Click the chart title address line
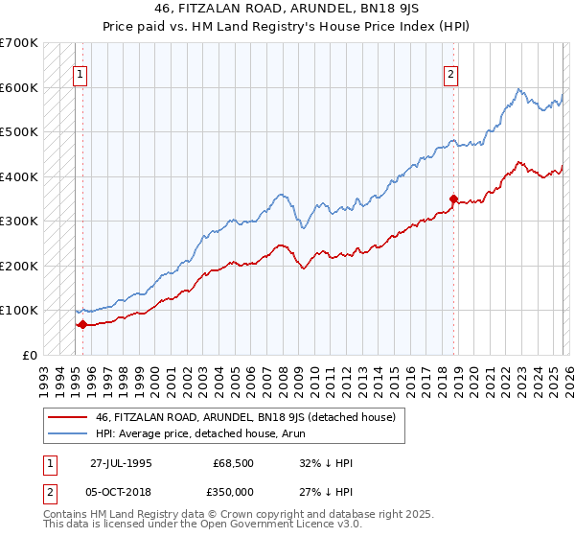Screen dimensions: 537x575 [x=287, y=10]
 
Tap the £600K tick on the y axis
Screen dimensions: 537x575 [x=19, y=87]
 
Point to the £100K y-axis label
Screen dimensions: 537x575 [x=19, y=310]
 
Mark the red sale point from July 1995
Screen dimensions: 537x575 [x=82, y=324]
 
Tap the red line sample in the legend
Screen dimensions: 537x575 [x=68, y=416]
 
